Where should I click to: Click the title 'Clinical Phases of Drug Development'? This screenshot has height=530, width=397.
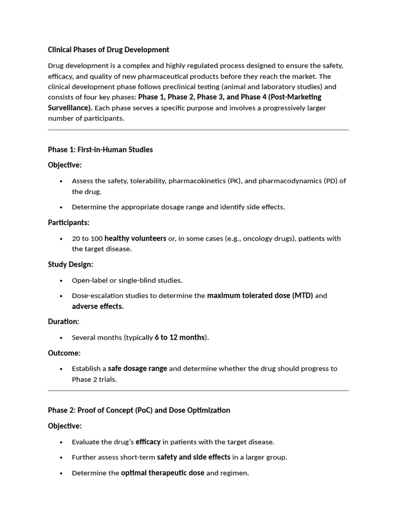[109, 50]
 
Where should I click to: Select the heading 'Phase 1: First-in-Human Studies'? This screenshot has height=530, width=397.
[100, 150]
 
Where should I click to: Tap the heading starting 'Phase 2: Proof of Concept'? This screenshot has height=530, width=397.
[139, 410]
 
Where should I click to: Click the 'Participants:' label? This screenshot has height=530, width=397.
[69, 223]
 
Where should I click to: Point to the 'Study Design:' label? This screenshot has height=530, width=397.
[71, 264]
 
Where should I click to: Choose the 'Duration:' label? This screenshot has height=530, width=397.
[64, 321]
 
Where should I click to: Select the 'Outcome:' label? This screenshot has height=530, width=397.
[65, 353]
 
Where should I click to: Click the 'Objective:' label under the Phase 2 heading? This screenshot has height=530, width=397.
[65, 426]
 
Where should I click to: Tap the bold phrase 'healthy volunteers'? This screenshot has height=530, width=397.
[135, 239]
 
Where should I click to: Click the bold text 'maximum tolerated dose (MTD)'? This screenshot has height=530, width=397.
[260, 296]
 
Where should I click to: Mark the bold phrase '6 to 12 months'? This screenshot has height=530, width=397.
[179, 337]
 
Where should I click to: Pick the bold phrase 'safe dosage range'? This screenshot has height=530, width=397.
[138, 369]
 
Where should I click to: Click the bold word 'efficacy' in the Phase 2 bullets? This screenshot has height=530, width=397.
[148, 442]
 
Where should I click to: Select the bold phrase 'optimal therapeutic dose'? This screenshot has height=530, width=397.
[162, 473]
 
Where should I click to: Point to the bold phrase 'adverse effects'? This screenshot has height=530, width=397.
[97, 306]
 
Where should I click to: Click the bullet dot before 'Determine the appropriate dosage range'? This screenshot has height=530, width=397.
[61, 207]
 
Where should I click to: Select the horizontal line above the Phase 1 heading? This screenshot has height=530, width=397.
[198, 130]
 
